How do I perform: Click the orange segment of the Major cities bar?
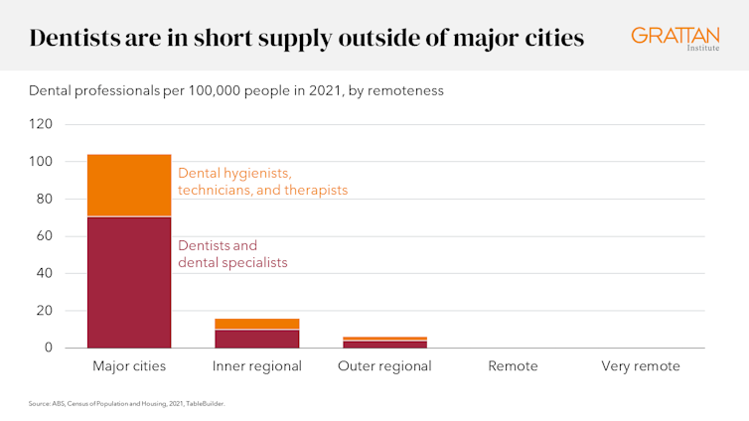(x=129, y=185)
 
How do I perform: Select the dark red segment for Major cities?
(x=129, y=282)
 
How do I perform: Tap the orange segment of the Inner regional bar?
(x=257, y=324)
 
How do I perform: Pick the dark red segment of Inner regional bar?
(x=257, y=339)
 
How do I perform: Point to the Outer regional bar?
(x=384, y=343)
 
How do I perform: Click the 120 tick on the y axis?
(x=42, y=124)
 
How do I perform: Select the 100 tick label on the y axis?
(x=42, y=162)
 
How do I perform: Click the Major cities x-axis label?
(x=129, y=366)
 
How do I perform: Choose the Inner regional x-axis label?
(x=257, y=366)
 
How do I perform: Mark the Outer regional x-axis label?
(x=384, y=366)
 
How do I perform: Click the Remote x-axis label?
(x=513, y=366)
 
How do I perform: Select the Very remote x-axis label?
(x=641, y=366)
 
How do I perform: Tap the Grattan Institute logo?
(x=674, y=37)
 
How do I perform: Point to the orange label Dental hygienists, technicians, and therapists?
(x=262, y=181)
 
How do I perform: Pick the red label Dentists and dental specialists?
(x=232, y=254)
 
